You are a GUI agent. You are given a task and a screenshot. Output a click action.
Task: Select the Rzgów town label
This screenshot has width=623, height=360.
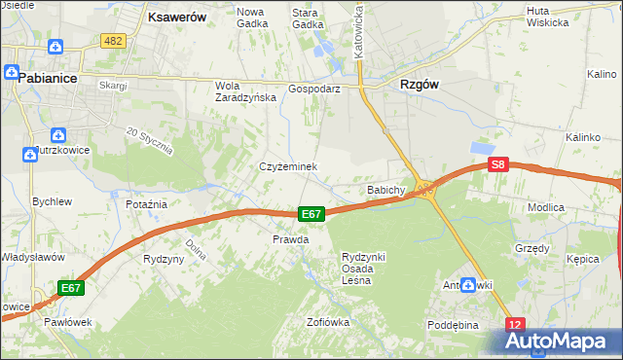(x=420, y=85)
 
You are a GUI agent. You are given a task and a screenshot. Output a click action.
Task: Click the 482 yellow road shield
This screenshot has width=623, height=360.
(x=113, y=40)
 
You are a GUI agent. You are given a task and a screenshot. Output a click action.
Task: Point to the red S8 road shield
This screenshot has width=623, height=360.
(x=498, y=165)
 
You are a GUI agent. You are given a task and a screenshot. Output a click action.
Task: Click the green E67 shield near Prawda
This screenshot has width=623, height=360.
(x=311, y=214)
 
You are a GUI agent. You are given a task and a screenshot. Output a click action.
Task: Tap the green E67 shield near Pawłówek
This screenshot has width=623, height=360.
(x=71, y=288)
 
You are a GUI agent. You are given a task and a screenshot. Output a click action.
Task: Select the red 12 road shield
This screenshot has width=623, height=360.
(x=516, y=323)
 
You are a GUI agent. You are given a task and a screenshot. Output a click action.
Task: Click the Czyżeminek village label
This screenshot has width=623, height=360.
(x=288, y=166)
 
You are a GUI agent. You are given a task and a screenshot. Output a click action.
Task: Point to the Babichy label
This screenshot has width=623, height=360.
(x=385, y=190)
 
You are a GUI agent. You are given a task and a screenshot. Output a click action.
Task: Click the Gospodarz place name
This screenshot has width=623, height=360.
(x=313, y=88)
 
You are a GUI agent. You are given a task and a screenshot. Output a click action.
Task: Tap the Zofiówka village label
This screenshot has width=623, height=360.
(x=328, y=322)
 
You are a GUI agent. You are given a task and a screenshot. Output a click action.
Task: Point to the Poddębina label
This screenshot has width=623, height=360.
(x=454, y=325)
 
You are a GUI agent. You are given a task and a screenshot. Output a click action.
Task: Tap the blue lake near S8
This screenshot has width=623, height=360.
(x=481, y=147)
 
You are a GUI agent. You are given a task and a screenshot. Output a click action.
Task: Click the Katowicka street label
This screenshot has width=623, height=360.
(x=358, y=29)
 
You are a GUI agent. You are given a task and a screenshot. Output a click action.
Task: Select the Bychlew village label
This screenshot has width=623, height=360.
(x=53, y=201)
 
